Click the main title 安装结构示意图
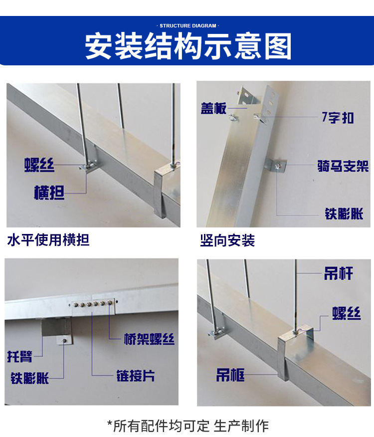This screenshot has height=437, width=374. [x=187, y=46]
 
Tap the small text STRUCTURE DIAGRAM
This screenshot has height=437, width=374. [x=187, y=25]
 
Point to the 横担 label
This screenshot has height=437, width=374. [x=49, y=193]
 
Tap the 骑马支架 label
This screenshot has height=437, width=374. [x=343, y=166]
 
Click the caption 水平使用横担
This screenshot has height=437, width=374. [x=48, y=240]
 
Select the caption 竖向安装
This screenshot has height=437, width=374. [x=227, y=241]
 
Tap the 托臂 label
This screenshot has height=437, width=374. [x=20, y=357]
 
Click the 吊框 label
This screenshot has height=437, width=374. [x=230, y=375]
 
